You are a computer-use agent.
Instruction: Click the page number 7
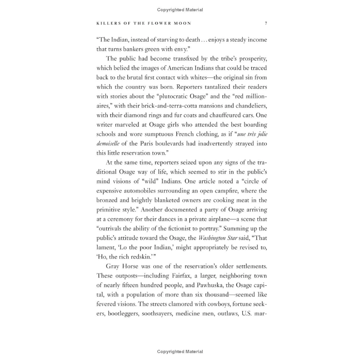click(x=266, y=24)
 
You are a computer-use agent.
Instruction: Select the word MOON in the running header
click(x=182, y=24)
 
